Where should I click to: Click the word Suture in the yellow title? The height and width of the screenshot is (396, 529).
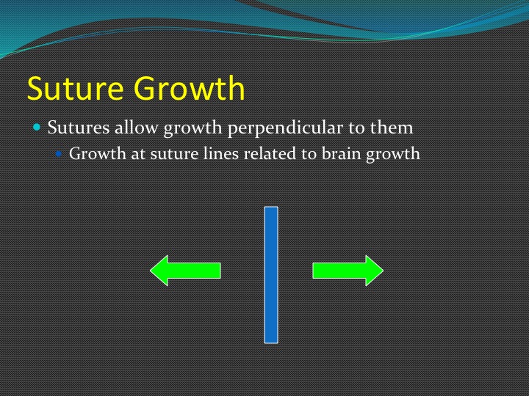[75, 88]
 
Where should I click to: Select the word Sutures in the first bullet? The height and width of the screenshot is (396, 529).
[79, 128]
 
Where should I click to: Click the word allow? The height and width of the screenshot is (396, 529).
[137, 127]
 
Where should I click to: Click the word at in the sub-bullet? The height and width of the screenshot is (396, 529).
[138, 154]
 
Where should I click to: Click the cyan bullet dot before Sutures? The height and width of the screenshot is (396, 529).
[37, 128]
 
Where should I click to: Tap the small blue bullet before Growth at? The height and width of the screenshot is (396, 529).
[59, 154]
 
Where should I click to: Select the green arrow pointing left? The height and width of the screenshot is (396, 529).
[185, 271]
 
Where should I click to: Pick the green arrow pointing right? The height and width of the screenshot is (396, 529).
[348, 271]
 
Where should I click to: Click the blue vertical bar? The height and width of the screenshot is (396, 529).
[271, 275]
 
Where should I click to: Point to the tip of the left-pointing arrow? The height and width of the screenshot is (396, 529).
[151, 271]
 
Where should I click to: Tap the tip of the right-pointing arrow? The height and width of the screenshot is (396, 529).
[384, 271]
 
